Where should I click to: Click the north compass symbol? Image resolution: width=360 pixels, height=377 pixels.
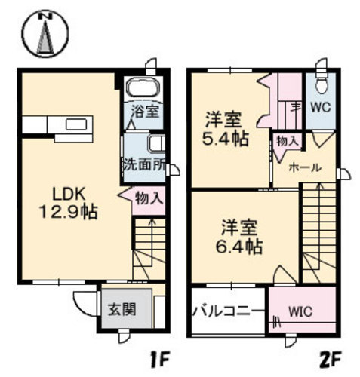45,34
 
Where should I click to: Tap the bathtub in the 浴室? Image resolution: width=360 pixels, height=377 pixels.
143,87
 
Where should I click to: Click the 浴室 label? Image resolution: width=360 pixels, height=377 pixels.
145,112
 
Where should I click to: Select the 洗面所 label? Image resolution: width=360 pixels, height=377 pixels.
144,165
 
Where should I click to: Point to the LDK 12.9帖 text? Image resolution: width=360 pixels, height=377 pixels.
69,203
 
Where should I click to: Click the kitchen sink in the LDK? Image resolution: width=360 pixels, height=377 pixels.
76,124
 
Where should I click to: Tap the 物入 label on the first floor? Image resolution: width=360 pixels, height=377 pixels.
149,198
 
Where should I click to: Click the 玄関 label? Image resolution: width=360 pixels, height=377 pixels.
122,309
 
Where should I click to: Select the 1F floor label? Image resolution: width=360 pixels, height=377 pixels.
158,360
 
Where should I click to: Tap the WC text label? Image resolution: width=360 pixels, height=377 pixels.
321,108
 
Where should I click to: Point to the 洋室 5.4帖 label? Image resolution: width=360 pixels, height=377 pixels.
226,130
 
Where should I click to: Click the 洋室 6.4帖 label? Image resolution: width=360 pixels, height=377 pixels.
239,237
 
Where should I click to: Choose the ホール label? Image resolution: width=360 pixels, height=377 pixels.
305,167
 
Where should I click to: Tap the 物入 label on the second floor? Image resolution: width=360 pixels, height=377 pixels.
288,142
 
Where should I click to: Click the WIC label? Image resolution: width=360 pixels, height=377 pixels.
300,312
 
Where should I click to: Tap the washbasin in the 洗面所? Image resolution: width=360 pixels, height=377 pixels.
157,143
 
